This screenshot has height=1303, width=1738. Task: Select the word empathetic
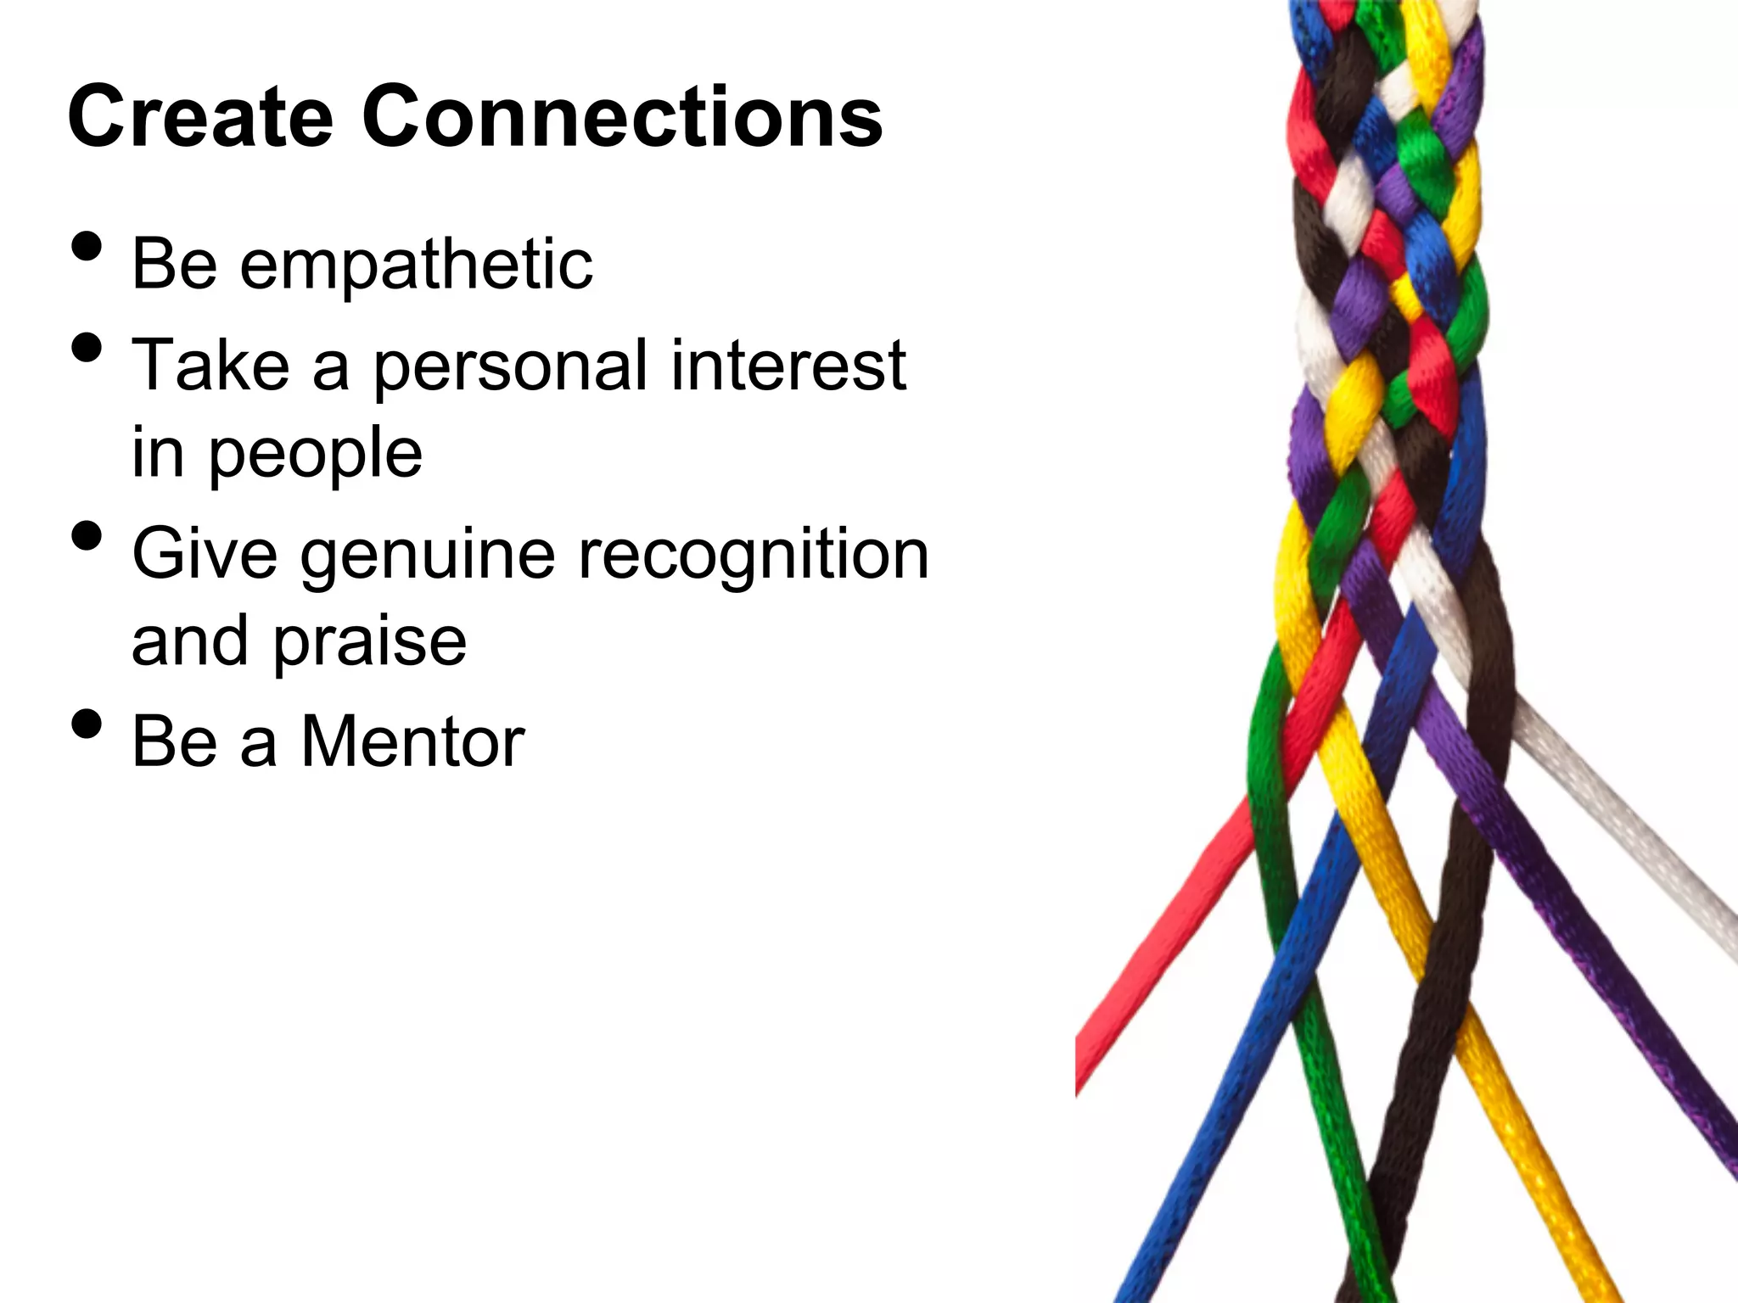tap(416, 265)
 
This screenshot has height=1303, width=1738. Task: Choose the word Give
tap(205, 554)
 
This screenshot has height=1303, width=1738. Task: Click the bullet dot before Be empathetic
tap(87, 246)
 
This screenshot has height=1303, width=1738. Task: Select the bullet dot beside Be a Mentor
tap(87, 724)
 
